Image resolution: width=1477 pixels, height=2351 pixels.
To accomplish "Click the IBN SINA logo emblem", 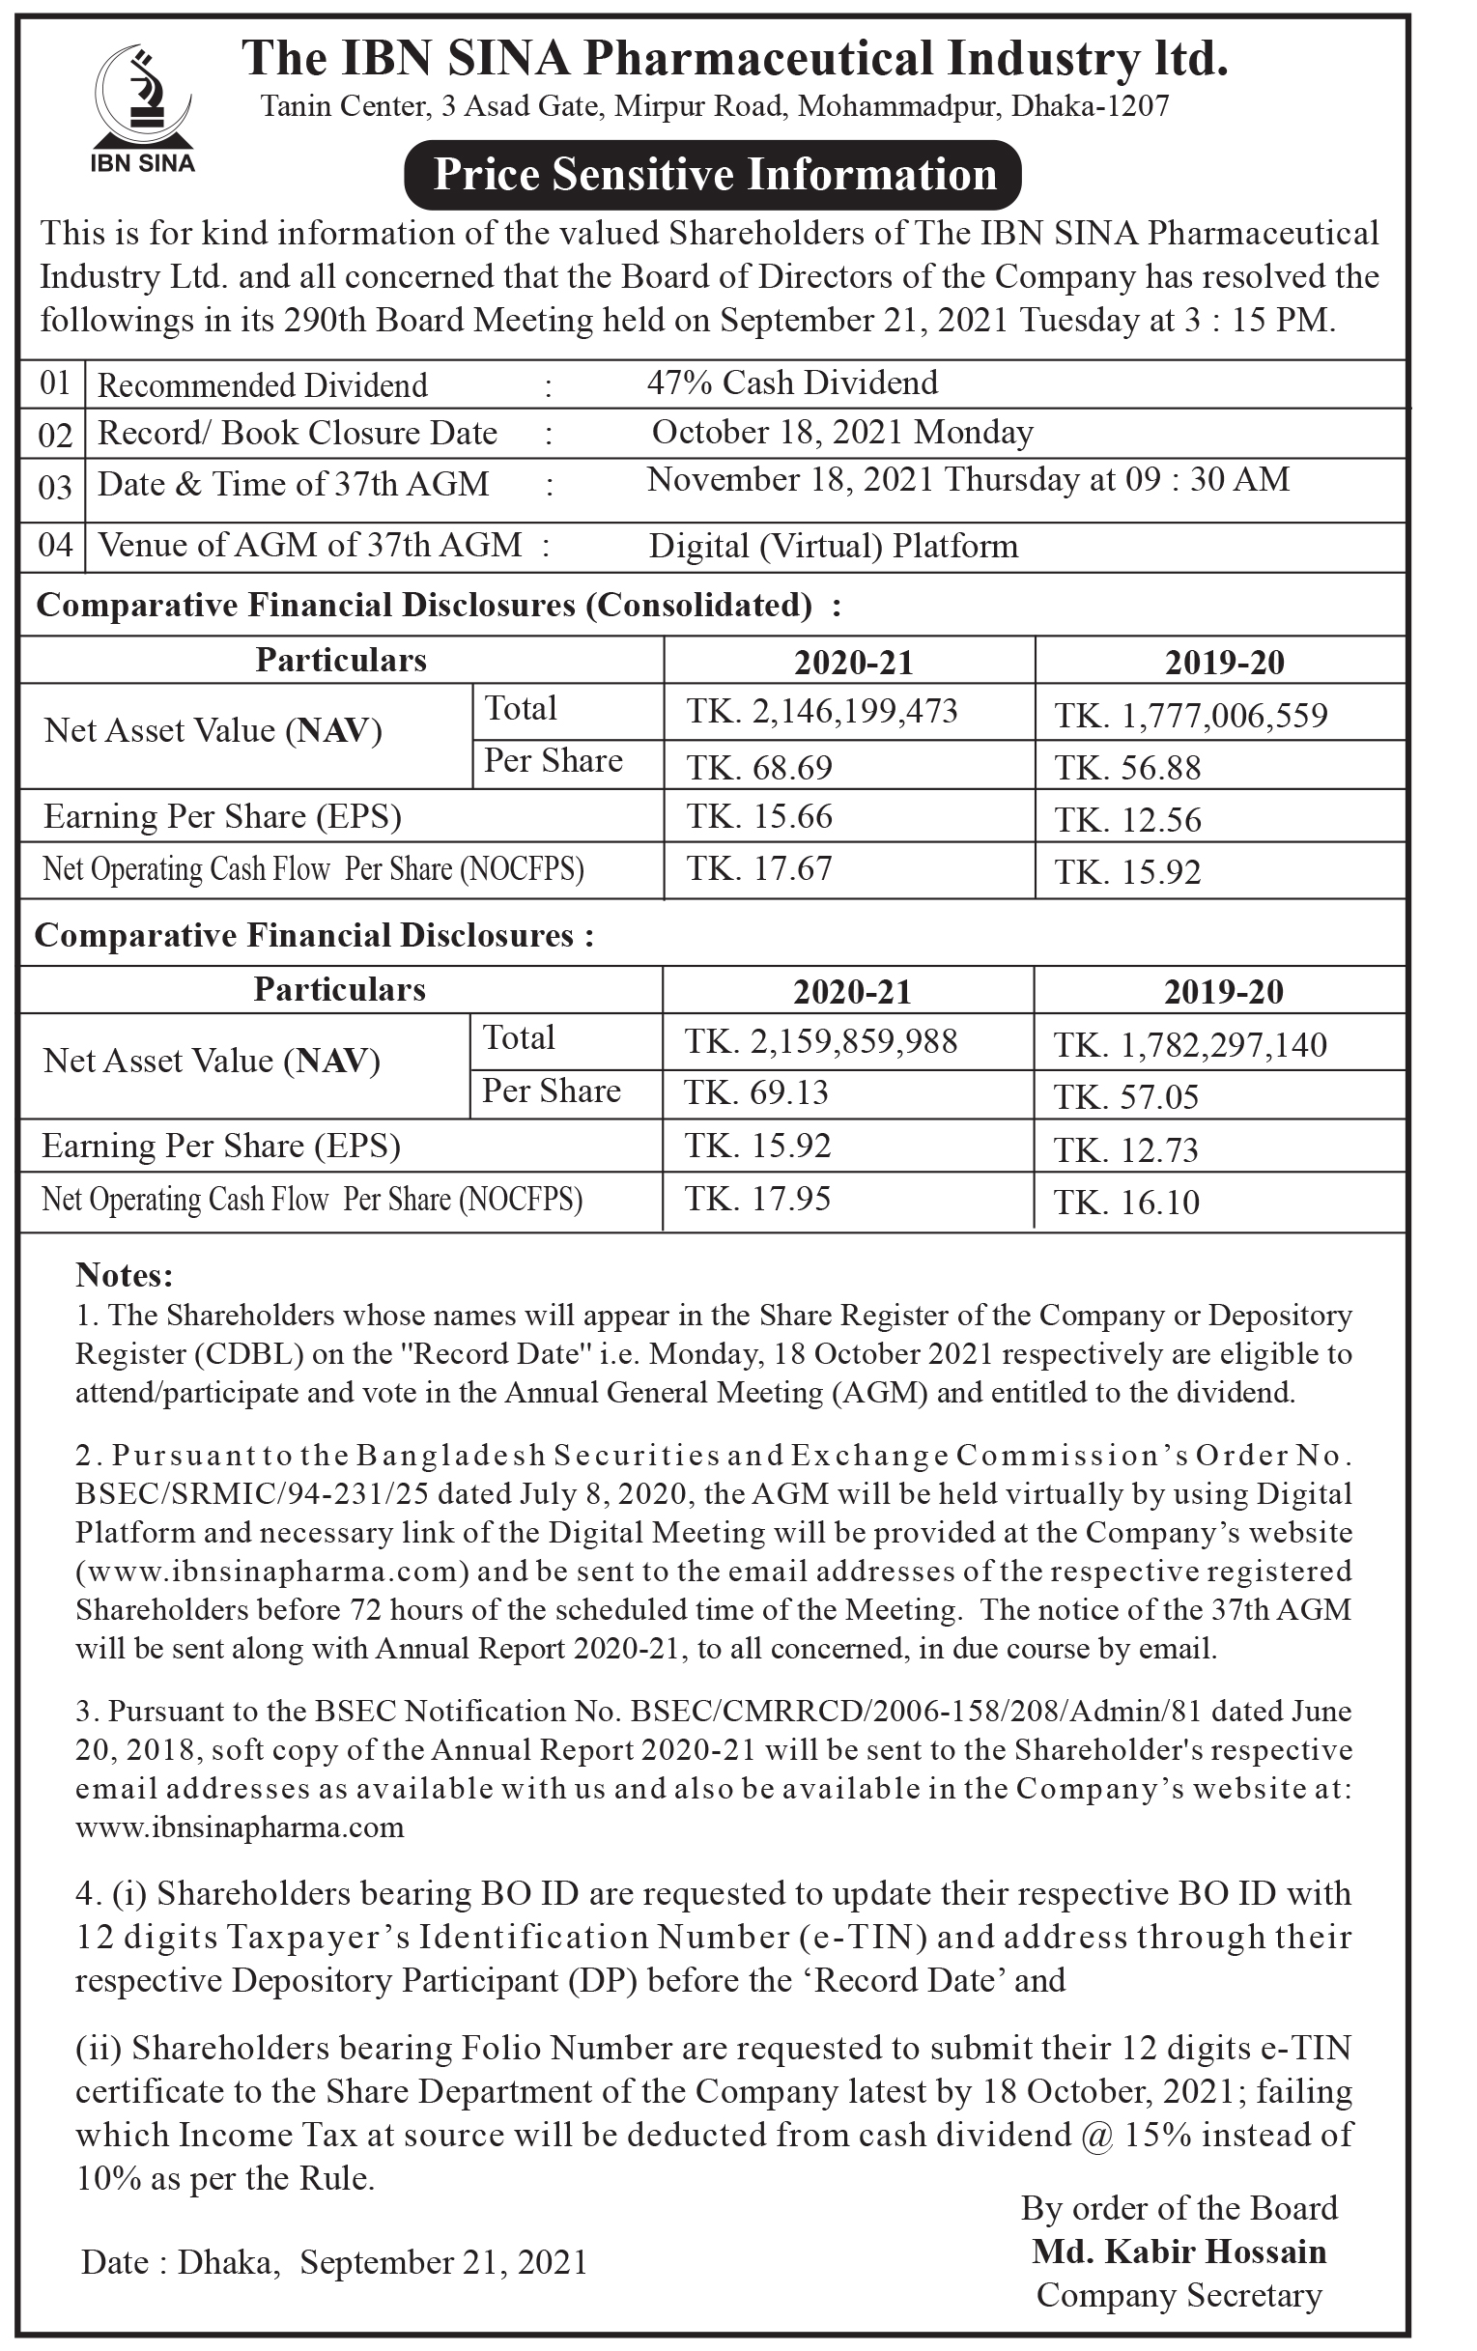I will [142, 96].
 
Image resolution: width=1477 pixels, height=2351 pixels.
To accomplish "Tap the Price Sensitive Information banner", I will [714, 175].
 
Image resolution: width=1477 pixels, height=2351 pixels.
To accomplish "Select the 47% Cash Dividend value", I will [792, 382].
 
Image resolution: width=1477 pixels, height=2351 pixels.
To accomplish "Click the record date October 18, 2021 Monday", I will [841, 433].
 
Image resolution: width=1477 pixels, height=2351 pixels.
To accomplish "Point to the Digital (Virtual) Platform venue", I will [833, 546].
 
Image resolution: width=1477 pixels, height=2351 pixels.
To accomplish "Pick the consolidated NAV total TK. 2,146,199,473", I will [821, 711].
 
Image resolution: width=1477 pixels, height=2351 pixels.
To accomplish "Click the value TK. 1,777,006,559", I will [1190, 716].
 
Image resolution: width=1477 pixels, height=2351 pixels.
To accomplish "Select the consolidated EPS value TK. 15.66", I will [758, 816].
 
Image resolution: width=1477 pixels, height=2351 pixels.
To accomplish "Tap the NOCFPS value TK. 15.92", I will [1126, 872].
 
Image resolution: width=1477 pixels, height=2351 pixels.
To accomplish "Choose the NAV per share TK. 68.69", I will [758, 767].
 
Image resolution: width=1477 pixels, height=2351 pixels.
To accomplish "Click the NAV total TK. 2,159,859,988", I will [820, 1042].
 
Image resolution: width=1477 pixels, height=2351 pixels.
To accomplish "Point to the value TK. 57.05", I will [1124, 1097].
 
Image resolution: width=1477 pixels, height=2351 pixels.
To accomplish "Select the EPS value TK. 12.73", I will [1124, 1150].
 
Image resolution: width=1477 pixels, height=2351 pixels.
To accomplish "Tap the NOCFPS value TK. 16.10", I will [1125, 1202].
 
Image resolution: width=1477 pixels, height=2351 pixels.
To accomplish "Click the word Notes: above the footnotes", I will [124, 1275].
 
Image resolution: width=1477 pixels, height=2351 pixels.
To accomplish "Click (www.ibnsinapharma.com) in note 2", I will [268, 1571].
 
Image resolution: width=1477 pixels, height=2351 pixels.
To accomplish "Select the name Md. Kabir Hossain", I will [1179, 2252].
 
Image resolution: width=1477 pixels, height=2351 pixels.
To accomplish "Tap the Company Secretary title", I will [1179, 2294].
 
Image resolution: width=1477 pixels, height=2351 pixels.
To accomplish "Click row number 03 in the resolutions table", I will [55, 486].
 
